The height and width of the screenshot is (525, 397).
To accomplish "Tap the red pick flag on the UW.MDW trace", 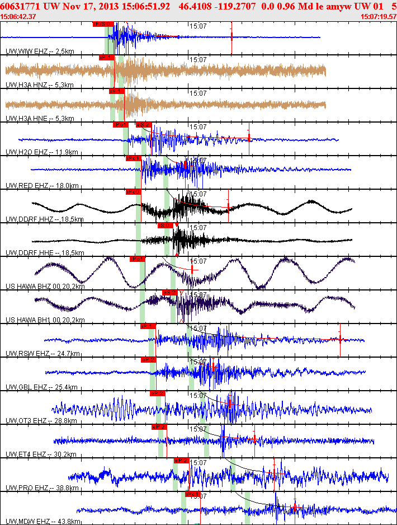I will pos(192,494).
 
